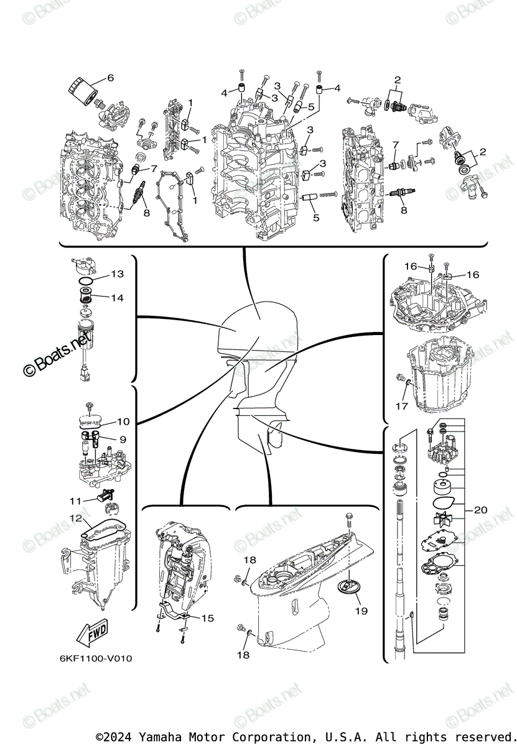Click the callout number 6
[111, 78]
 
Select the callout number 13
[118, 274]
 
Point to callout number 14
[118, 298]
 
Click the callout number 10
[123, 421]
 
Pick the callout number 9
[123, 440]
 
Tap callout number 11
[75, 500]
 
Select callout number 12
[75, 518]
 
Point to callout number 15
[207, 618]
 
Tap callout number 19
[361, 611]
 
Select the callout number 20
[480, 510]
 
